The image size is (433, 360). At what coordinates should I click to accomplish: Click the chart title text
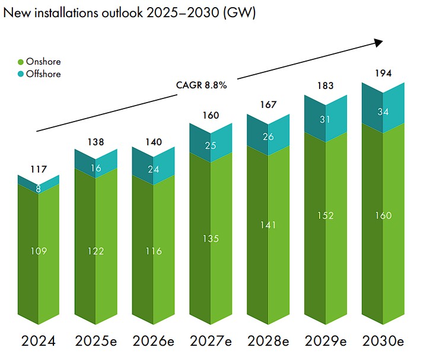coord(129,13)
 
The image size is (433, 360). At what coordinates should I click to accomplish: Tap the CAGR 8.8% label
coord(202,85)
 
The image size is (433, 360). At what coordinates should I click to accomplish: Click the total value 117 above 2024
coord(38,169)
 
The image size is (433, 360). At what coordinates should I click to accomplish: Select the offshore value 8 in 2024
coord(38,190)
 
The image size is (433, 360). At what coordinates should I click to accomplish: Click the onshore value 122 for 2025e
coord(95,251)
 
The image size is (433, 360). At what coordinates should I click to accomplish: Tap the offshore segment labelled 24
coord(153,168)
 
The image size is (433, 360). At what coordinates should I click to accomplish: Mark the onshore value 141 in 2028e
coord(268,225)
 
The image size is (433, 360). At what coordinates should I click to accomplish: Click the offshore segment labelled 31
coord(326,119)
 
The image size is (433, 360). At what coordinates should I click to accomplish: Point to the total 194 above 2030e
coord(383,74)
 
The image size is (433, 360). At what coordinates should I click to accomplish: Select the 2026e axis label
coord(153,341)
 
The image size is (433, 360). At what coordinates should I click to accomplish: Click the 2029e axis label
coord(326,341)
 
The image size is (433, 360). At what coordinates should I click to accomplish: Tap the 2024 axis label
coord(38,341)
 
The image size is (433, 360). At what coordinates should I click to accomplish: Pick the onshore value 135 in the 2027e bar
coord(211,238)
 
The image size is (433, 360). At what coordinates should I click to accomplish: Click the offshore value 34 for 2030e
coord(383,111)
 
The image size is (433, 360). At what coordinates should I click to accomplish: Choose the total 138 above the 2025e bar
coord(95,142)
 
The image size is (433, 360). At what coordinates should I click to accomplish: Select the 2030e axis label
coord(383,341)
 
